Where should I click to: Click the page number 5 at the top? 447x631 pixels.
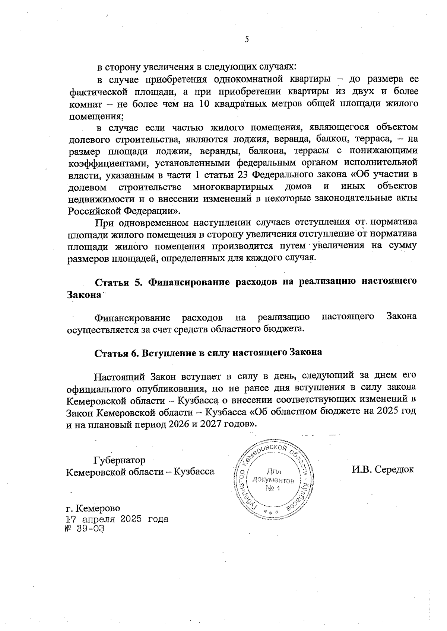point(247,40)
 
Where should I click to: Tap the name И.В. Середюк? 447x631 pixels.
point(383,469)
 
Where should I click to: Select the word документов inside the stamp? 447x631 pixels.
point(274,480)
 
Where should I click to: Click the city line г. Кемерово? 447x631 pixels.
point(93,508)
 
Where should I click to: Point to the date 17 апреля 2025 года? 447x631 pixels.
point(117,519)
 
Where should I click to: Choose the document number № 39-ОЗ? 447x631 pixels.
point(85,528)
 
